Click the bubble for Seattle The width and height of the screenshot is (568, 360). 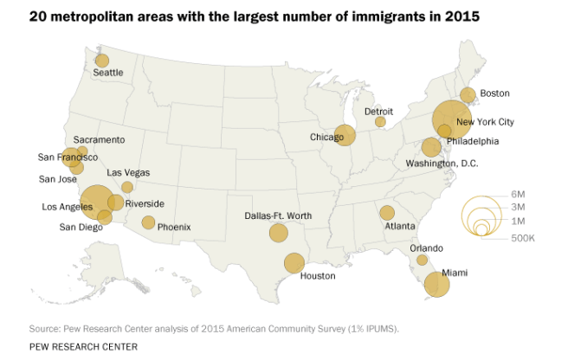[x=102, y=61]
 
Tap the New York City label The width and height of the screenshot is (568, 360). [x=497, y=122]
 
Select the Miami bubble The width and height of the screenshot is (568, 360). [x=437, y=284]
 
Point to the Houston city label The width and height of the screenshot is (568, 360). [x=317, y=276]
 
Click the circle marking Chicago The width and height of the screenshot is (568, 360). [x=345, y=136]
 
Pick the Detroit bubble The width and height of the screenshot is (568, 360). [x=380, y=122]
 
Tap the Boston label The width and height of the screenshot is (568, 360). [x=494, y=93]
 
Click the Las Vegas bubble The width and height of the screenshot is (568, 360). [x=127, y=187]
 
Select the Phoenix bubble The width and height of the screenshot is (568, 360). [x=148, y=222]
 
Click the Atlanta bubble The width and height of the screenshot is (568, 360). [x=387, y=213]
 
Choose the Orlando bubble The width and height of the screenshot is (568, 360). [x=422, y=260]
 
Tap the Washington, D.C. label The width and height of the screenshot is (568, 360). [x=442, y=163]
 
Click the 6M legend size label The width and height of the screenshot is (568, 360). [x=519, y=193]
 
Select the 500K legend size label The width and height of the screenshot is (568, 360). [x=522, y=237]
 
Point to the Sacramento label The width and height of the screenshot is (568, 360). [x=99, y=139]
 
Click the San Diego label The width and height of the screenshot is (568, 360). [x=80, y=228]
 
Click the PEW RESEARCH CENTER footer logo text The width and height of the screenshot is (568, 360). [x=83, y=346]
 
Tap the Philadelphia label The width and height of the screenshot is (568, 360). [x=473, y=141]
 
